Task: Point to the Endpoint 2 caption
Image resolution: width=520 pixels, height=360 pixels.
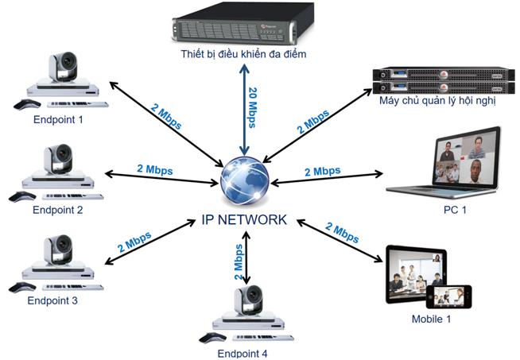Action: click(x=57, y=211)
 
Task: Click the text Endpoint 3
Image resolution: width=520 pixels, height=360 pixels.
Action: click(x=52, y=301)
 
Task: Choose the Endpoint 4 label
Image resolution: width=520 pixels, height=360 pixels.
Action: click(x=242, y=353)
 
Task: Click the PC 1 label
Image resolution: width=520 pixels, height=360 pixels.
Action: click(x=455, y=210)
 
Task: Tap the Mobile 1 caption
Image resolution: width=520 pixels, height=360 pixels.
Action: click(x=431, y=319)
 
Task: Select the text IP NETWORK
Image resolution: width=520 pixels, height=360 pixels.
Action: click(x=245, y=217)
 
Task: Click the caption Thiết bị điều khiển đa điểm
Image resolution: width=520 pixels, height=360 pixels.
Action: click(x=242, y=55)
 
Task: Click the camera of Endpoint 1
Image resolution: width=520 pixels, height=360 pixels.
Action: click(x=63, y=67)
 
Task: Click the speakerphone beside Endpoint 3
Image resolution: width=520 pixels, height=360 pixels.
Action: click(x=29, y=285)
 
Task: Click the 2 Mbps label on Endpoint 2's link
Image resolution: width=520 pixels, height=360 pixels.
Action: click(x=154, y=169)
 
